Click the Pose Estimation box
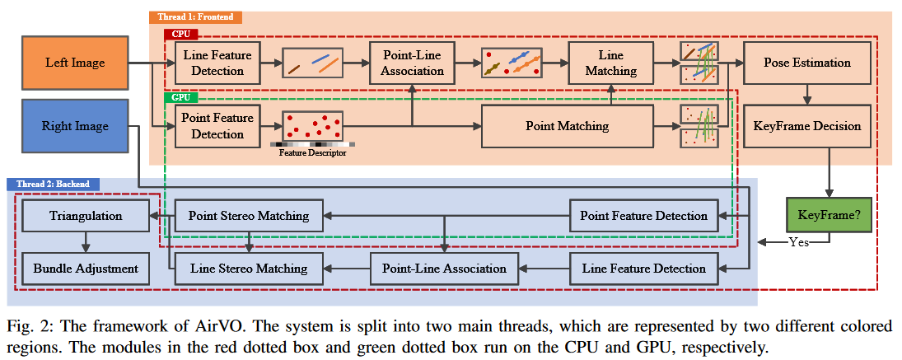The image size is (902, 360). coord(807,63)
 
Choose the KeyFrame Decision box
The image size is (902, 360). coord(807,126)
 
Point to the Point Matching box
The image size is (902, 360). coord(567,126)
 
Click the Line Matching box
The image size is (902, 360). coord(610,63)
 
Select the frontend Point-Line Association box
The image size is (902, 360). coord(412,63)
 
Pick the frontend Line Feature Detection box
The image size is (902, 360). coord(217,63)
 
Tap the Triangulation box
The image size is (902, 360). coord(85,216)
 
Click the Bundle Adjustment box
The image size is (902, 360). coord(85,268)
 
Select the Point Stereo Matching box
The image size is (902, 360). coord(248,216)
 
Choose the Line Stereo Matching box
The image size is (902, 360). coord(248,268)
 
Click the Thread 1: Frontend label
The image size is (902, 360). coord(195,16)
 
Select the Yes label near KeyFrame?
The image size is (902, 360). coord(798,242)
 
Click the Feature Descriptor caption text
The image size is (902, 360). coord(312,153)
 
